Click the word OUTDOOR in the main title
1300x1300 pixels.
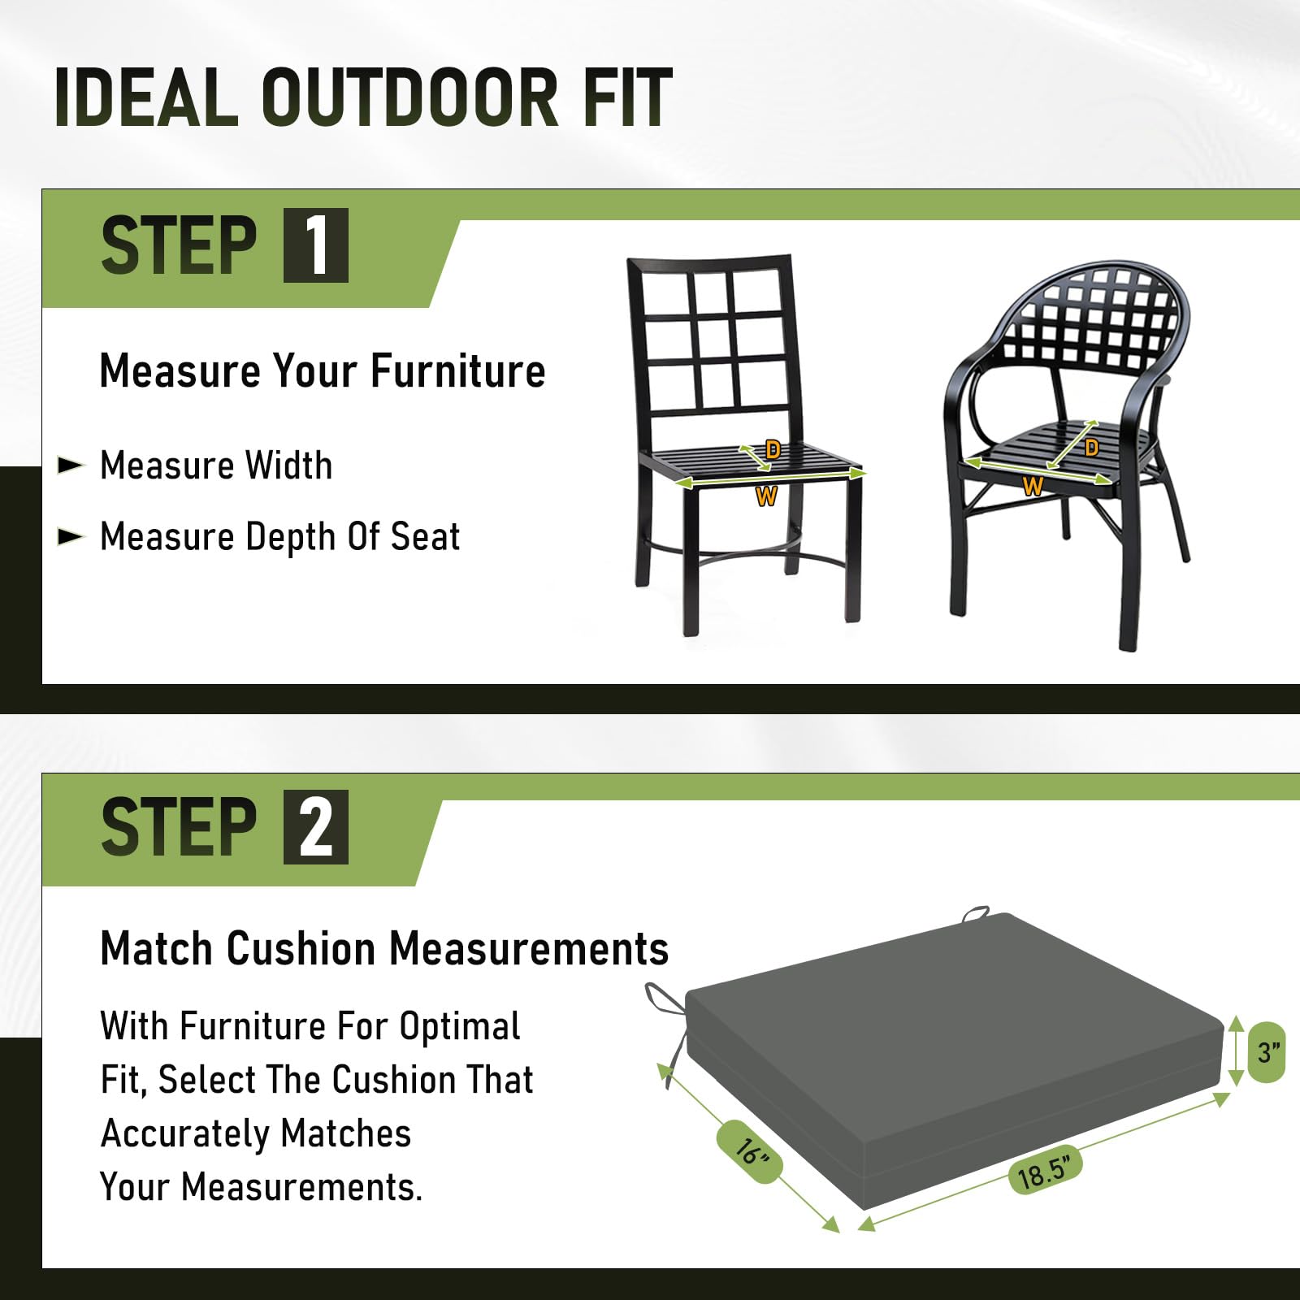pyautogui.click(x=409, y=97)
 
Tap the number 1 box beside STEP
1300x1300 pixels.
pyautogui.click(x=316, y=245)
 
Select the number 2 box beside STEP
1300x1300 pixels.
pyautogui.click(x=316, y=827)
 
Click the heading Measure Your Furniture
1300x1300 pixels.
pyautogui.click(x=322, y=371)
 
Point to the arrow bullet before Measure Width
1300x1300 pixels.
pyautogui.click(x=71, y=466)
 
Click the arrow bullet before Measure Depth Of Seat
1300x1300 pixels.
pyautogui.click(x=71, y=536)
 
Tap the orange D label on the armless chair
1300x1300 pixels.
pyautogui.click(x=773, y=449)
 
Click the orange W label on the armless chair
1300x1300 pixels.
pyautogui.click(x=766, y=496)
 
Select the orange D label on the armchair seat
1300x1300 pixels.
pyautogui.click(x=1091, y=448)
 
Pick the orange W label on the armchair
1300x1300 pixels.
pyautogui.click(x=1033, y=487)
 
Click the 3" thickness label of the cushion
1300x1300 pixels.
pyautogui.click(x=1267, y=1052)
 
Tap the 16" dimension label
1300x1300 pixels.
pyautogui.click(x=749, y=1151)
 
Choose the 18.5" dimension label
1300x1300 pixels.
pyautogui.click(x=1046, y=1171)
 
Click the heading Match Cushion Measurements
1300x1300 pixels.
pyautogui.click(x=384, y=948)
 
